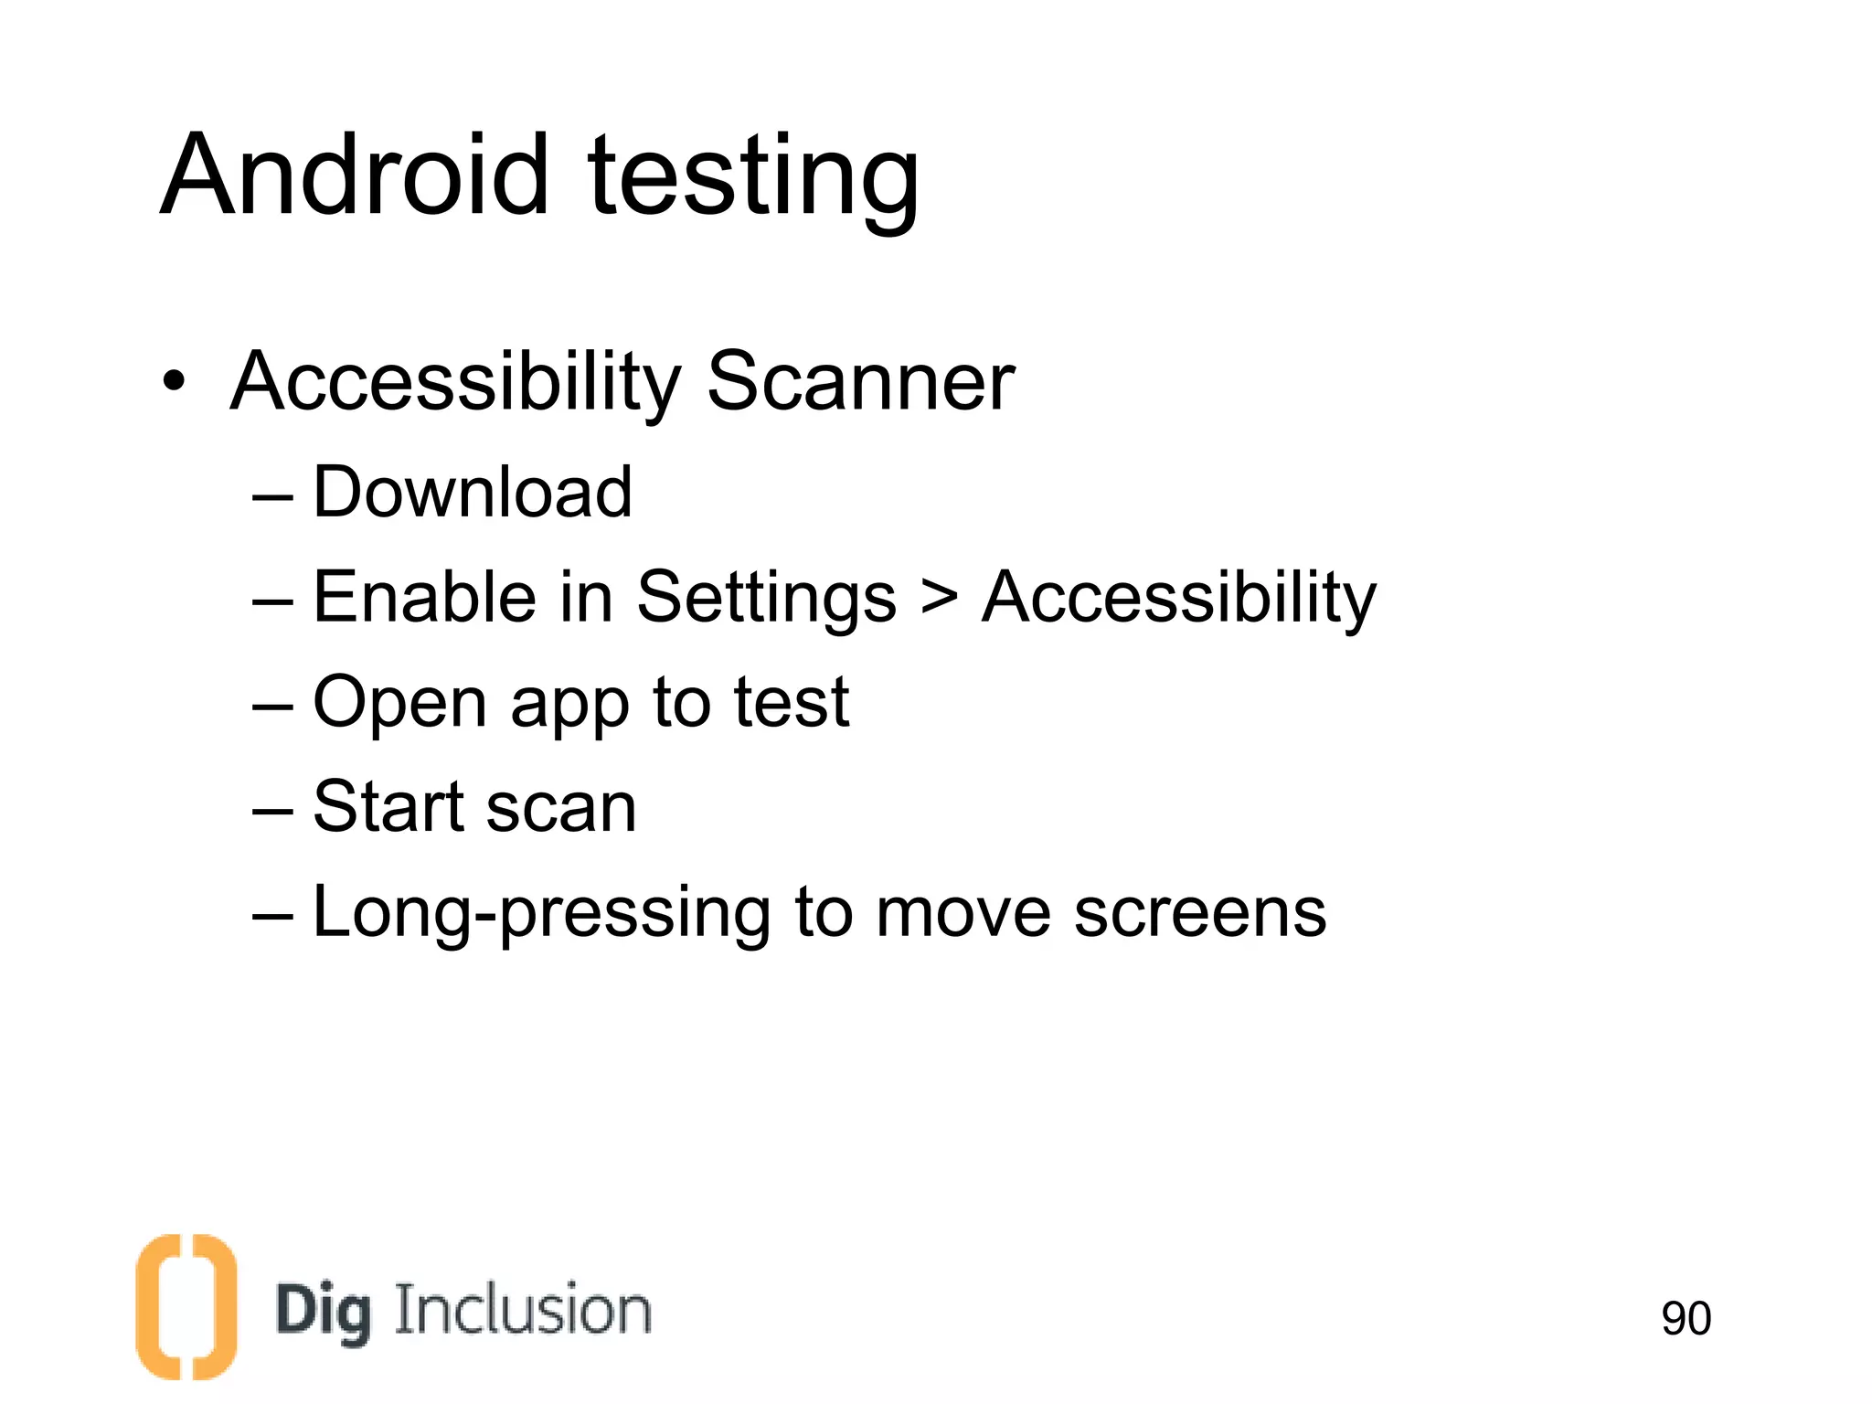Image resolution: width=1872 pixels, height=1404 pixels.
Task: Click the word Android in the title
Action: tap(356, 175)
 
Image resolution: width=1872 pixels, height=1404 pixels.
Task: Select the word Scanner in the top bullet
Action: tap(860, 381)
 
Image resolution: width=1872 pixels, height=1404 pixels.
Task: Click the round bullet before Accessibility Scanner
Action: tap(174, 382)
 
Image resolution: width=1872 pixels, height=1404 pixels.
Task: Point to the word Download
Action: tap(472, 493)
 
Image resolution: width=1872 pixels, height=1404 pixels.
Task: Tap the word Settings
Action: tap(766, 600)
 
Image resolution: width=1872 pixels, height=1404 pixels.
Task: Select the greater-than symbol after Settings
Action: tap(939, 600)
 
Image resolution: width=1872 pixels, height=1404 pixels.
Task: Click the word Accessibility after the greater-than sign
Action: tap(1178, 600)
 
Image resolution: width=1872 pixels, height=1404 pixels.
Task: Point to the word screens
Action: tap(1199, 914)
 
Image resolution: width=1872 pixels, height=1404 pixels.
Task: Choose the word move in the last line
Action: tap(963, 914)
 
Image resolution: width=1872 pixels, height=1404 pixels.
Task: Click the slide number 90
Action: tap(1686, 1318)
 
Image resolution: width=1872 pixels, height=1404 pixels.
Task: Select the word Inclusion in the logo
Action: tap(523, 1310)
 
